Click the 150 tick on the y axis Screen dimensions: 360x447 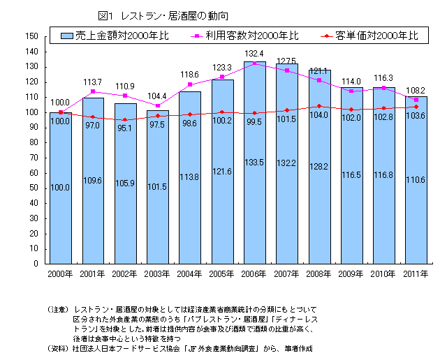(x=32, y=36)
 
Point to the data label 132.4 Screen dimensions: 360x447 (x=254, y=54)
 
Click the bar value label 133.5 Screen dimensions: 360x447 (x=254, y=161)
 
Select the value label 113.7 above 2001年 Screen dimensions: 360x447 (x=93, y=82)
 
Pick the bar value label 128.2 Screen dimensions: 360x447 (x=319, y=167)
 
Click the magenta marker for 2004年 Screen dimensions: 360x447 (x=189, y=84)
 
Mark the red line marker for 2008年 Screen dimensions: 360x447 (x=319, y=106)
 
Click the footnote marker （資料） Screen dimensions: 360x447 (x=59, y=347)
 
